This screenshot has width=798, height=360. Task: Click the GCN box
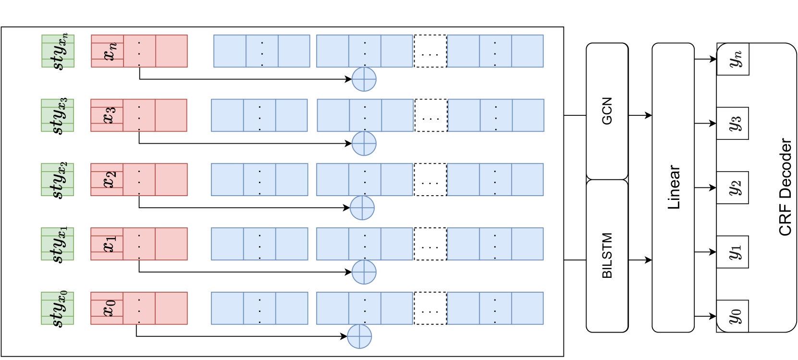[x=607, y=111]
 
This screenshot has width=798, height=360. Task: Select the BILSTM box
[x=607, y=256]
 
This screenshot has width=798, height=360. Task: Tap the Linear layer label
[x=674, y=187]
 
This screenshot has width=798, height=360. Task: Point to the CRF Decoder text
[x=785, y=187]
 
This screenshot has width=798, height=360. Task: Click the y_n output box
[x=733, y=59]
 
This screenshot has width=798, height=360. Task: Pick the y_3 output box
[x=733, y=124]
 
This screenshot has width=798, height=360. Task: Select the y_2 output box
[x=733, y=187]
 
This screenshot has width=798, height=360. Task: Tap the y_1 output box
[x=733, y=252]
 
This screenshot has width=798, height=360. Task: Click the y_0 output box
[x=733, y=316]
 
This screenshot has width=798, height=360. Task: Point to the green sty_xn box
[x=58, y=51]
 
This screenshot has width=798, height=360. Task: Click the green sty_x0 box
[x=58, y=308]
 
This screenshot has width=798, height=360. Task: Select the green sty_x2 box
[x=58, y=179]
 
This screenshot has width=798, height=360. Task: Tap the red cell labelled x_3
[x=107, y=115]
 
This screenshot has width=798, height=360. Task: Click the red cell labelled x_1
[x=107, y=244]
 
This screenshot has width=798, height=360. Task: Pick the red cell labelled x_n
[x=108, y=51]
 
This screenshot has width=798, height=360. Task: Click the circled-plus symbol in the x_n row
[x=364, y=79]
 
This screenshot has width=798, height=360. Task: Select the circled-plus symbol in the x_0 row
[x=359, y=336]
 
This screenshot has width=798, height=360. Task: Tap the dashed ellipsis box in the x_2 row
[x=430, y=180]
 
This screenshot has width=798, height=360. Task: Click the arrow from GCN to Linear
[x=640, y=115]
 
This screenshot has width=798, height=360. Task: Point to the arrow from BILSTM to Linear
[x=640, y=260]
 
